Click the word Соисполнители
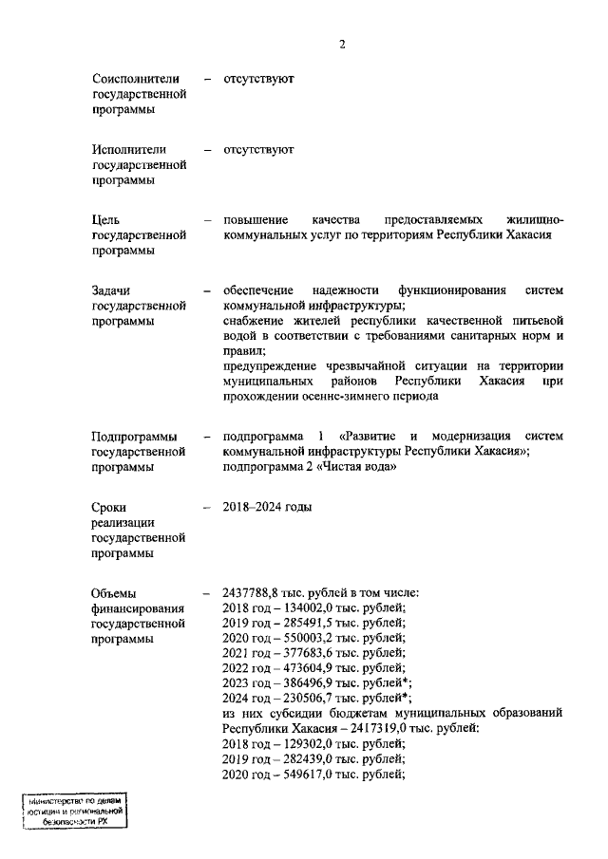coord(137,79)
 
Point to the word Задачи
coord(112,289)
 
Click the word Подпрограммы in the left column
coord(136,436)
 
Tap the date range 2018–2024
coord(253,507)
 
